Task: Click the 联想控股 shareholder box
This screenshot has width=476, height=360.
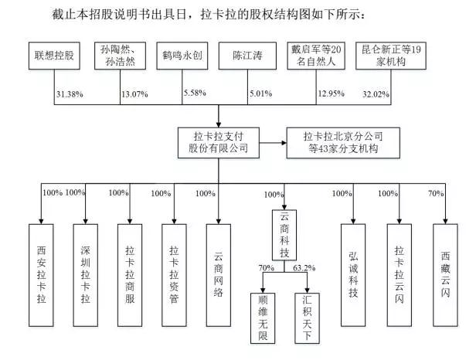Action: [x=54, y=56]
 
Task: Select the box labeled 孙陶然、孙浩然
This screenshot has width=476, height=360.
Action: [x=121, y=56]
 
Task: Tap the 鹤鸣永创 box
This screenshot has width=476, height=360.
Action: [x=182, y=56]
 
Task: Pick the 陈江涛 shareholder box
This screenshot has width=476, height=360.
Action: [x=247, y=56]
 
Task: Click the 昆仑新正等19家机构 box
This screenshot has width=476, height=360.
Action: [x=391, y=56]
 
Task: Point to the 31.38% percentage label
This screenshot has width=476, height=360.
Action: [x=70, y=94]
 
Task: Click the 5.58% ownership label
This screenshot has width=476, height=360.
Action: [x=195, y=93]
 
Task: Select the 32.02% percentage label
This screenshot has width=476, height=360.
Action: [x=376, y=94]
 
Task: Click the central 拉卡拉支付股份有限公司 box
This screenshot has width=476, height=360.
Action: [x=219, y=143]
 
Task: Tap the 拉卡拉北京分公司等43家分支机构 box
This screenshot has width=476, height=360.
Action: [x=343, y=143]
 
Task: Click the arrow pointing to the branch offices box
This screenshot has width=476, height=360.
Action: [x=273, y=143]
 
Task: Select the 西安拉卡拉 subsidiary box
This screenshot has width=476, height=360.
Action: [x=41, y=275]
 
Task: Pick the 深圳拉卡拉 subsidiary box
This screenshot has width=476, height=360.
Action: [x=86, y=275]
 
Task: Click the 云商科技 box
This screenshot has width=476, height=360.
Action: [x=284, y=235]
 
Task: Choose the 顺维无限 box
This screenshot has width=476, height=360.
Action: [x=263, y=318]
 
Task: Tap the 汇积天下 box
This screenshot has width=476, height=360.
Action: [x=307, y=318]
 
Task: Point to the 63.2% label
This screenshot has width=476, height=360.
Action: [x=304, y=268]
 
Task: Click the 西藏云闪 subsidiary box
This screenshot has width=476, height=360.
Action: [x=445, y=275]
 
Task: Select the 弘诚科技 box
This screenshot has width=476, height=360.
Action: [x=353, y=275]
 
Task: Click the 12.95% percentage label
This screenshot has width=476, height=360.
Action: [x=331, y=93]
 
